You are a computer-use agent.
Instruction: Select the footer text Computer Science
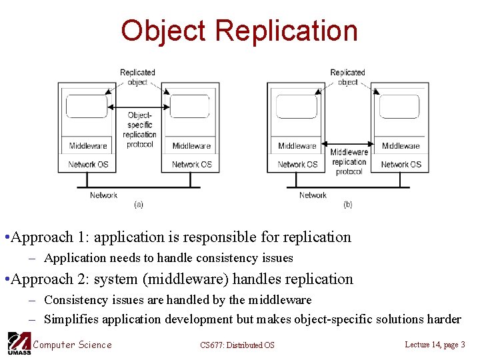tap(73, 344)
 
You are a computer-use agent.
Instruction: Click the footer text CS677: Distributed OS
tap(237, 345)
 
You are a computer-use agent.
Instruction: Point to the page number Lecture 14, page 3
tap(435, 344)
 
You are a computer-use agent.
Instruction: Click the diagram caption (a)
tap(139, 204)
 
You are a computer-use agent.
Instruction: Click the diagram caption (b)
tap(348, 204)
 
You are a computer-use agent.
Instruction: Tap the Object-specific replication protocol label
tap(139, 129)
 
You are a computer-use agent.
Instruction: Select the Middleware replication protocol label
tap(349, 161)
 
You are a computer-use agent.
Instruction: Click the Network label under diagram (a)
tap(103, 195)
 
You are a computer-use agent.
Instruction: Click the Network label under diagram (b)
tap(313, 195)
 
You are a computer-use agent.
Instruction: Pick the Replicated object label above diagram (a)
tap(137, 77)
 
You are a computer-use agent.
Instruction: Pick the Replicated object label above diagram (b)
tap(347, 77)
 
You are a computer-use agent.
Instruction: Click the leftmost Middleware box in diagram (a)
tap(88, 146)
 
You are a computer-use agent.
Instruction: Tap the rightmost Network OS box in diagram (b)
tap(401, 164)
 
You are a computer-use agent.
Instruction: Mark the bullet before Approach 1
tap(6, 237)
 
